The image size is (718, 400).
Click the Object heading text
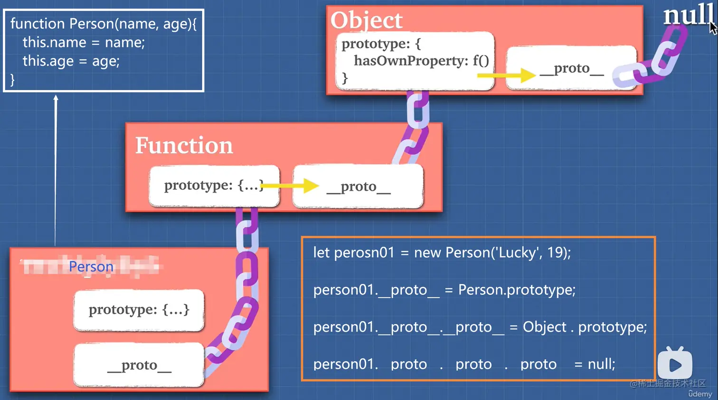(x=366, y=20)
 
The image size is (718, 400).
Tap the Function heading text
(x=184, y=145)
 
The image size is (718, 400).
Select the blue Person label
(x=91, y=267)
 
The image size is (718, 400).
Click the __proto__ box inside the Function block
(x=358, y=186)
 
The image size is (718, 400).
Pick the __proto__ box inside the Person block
(x=139, y=365)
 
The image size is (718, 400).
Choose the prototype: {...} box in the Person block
(x=139, y=310)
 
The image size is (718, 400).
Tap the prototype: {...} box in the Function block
(x=214, y=186)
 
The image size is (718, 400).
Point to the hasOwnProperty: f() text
(x=421, y=61)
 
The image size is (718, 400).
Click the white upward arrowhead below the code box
(x=56, y=98)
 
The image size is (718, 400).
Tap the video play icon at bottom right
(x=675, y=364)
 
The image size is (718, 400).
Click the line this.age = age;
(x=71, y=61)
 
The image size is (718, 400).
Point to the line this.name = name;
(x=84, y=43)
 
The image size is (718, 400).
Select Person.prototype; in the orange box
(x=517, y=289)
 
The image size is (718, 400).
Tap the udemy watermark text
(x=700, y=394)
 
